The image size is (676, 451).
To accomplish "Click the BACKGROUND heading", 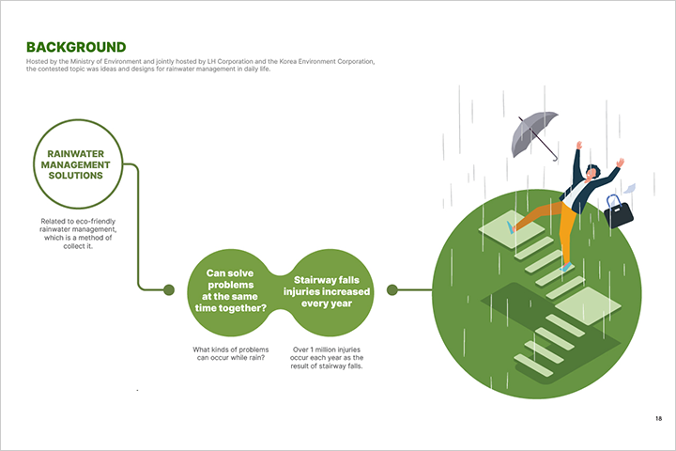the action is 76,47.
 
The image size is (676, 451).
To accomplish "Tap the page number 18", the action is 658,418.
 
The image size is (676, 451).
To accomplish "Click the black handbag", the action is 619,212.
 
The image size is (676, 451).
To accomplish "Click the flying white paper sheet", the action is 629,189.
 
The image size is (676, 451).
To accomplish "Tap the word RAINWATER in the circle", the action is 76,154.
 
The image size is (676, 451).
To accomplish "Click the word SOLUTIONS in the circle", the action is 76,176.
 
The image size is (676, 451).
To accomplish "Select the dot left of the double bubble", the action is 169,290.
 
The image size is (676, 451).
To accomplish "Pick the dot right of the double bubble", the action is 392,290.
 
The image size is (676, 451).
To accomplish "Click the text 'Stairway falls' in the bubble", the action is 327,280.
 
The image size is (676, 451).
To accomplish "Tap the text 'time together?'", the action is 231,308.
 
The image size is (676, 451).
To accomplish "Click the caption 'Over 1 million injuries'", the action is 327,350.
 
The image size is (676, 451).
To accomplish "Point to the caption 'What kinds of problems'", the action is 231,350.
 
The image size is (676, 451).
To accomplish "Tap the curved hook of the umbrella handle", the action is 555,159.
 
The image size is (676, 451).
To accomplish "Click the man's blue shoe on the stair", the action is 567,267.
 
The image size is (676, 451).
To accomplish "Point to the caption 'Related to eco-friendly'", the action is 78,222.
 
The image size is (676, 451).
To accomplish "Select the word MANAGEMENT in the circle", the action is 76,164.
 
